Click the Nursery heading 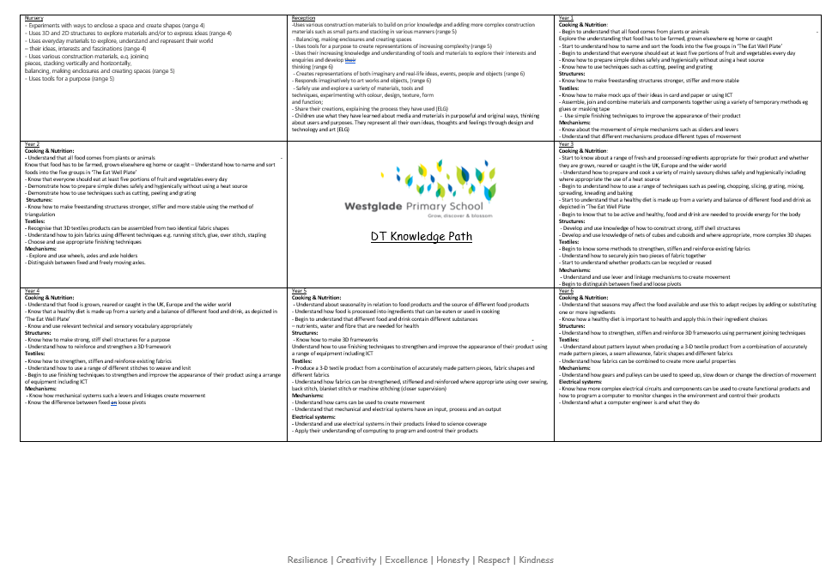[33, 18]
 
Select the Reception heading [303, 18]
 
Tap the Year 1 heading [567, 18]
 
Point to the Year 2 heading [32, 144]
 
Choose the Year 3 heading [567, 144]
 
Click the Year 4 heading [32, 291]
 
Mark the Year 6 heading [567, 291]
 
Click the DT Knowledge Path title [422, 237]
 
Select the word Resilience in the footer [307, 560]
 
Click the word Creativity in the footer [357, 560]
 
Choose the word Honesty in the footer [452, 560]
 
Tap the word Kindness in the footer [537, 560]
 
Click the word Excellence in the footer [406, 560]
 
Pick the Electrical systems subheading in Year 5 [313, 417]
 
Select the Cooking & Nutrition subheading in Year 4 [50, 298]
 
